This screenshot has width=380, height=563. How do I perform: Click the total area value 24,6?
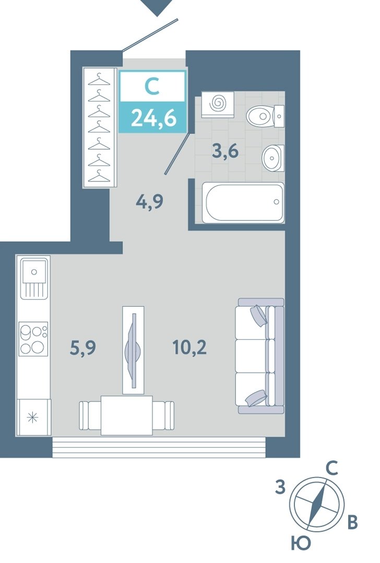point(153,118)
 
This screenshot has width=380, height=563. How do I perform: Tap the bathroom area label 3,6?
point(225,151)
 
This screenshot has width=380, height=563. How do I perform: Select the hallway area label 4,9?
point(150,202)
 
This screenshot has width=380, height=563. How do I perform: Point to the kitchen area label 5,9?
point(82,348)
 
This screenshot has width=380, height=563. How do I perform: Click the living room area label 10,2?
point(189,347)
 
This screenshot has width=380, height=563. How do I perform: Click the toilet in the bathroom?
point(265,116)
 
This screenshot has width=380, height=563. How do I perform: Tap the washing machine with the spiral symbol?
point(218,104)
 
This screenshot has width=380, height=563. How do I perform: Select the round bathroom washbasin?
point(273,158)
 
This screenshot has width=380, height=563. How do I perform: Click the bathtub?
point(243,202)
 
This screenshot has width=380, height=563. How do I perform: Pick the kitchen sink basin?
point(34,272)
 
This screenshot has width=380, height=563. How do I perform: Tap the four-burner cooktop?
point(33,339)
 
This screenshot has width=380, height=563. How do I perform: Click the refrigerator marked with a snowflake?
point(33,418)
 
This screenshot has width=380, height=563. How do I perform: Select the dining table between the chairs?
point(126,415)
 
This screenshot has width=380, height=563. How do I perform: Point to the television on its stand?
point(134,350)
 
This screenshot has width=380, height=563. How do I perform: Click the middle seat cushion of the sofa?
point(252,356)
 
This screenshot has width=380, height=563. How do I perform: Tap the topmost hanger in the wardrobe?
point(99,79)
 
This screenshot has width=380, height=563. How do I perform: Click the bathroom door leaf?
point(178,152)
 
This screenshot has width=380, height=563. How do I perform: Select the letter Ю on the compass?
point(300,544)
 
